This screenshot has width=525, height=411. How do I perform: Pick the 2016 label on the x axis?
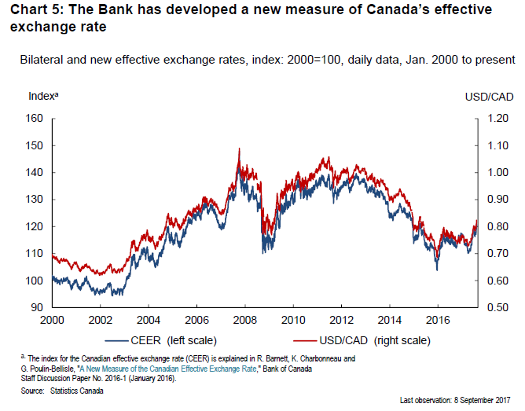[436, 321]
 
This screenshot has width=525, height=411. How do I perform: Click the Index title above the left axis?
[44, 96]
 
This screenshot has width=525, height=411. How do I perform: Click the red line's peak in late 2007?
[239, 149]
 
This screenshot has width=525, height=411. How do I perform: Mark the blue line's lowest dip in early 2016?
[437, 270]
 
